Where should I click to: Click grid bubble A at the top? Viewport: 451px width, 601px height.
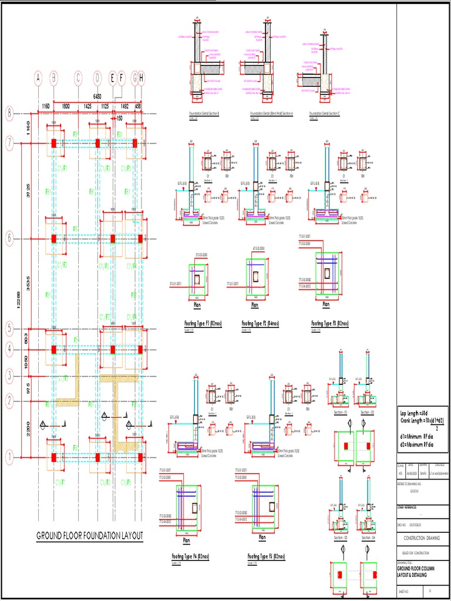(x=38, y=77)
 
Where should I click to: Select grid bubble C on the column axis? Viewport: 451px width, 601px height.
(x=78, y=77)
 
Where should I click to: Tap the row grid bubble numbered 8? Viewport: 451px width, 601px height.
(x=9, y=114)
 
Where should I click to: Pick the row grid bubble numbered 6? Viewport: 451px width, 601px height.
(x=9, y=239)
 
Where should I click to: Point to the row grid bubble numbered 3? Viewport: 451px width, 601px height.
(x=9, y=374)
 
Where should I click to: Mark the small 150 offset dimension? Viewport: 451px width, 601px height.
(x=119, y=117)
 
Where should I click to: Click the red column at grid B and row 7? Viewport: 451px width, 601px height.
(x=53, y=143)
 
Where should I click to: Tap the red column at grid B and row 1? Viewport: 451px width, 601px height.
(x=53, y=457)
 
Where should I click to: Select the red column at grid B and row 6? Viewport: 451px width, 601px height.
(x=53, y=239)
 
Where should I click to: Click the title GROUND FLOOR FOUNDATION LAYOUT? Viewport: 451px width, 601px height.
(x=90, y=536)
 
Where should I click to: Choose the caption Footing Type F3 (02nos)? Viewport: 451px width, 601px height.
(x=330, y=323)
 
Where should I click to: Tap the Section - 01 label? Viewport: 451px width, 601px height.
(x=341, y=412)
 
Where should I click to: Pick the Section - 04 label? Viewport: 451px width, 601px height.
(x=367, y=538)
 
